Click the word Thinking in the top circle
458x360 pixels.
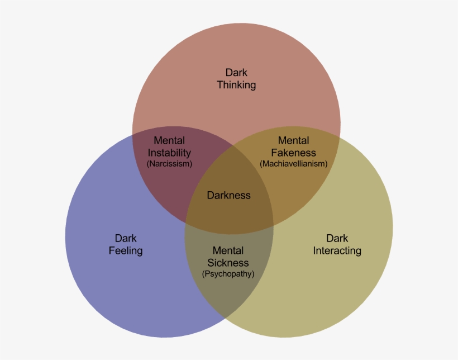[236, 85]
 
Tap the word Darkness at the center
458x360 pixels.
[228, 195]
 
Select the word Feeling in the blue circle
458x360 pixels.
[125, 250]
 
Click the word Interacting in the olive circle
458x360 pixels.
[337, 250]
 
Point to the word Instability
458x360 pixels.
[169, 153]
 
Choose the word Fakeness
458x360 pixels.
[293, 153]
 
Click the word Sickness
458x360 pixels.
[228, 263]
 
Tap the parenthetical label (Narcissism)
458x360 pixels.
[169, 164]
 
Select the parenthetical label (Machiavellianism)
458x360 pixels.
[293, 164]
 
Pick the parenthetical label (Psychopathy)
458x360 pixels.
[228, 274]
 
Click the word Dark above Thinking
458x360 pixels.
[236, 73]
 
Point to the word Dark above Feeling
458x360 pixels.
[126, 238]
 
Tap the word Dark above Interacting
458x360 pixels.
[337, 238]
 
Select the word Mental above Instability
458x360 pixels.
[169, 141]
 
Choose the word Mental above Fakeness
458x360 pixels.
[293, 141]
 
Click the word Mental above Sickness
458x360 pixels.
[228, 251]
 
